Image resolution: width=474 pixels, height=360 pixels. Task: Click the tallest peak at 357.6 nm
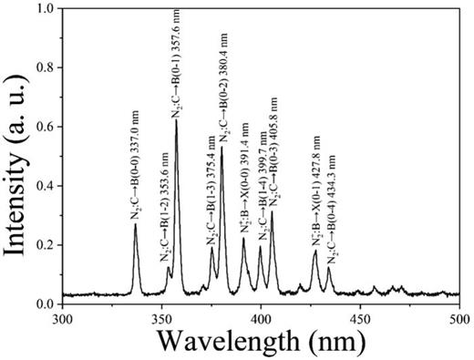[x=176, y=120]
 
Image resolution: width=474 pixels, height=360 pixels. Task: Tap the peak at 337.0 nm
[x=136, y=225]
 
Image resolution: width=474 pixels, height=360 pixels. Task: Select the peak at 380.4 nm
[x=222, y=148]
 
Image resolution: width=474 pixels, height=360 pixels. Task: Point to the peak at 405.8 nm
[x=272, y=212]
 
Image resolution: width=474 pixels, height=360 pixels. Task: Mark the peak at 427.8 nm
[x=315, y=252]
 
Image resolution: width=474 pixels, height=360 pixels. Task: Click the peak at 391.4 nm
[x=243, y=239]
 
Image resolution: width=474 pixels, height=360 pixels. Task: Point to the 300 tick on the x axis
[x=62, y=318]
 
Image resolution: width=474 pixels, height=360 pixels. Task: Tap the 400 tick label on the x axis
[x=261, y=318]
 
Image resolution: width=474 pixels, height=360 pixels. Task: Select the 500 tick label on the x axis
[x=459, y=318]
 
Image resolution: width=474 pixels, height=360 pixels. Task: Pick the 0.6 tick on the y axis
[x=45, y=128]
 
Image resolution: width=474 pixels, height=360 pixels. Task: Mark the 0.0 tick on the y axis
[x=45, y=303]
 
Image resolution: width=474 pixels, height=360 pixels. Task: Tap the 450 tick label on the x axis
[x=360, y=318]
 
